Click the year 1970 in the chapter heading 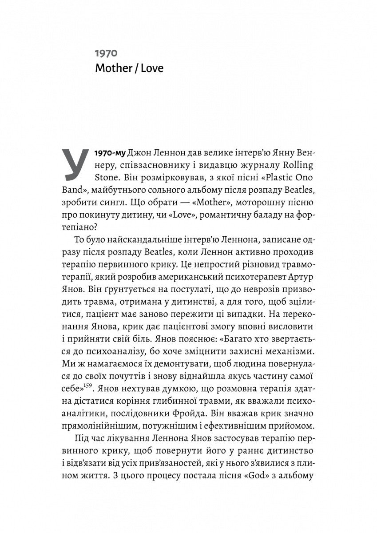point(105,54)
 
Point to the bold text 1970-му point(110,153)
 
